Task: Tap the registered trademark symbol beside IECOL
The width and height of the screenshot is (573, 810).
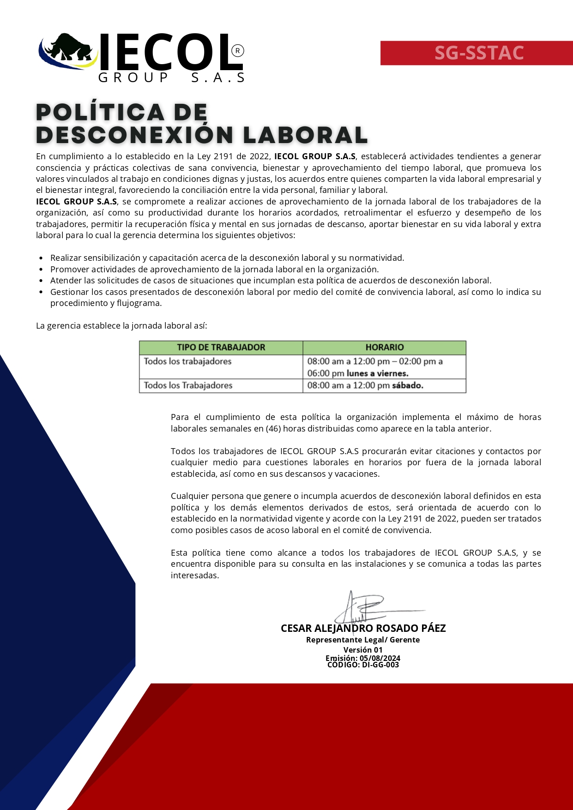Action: [237, 51]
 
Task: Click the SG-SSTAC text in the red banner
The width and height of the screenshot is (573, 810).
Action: [479, 53]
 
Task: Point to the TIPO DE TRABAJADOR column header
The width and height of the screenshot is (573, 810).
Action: [221, 348]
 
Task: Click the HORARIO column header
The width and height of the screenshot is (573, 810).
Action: [384, 348]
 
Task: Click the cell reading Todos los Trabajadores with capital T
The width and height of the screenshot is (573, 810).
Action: [188, 385]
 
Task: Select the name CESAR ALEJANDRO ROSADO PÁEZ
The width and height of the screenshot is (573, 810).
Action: [363, 628]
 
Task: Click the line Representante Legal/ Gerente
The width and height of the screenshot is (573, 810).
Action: [363, 640]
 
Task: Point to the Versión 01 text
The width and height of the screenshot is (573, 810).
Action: [363, 649]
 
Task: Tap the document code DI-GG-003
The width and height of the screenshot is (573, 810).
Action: [380, 665]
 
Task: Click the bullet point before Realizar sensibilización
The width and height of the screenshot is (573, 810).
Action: [41, 258]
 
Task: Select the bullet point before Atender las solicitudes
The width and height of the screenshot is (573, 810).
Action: [41, 281]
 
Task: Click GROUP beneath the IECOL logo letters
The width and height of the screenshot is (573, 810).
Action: [134, 78]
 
